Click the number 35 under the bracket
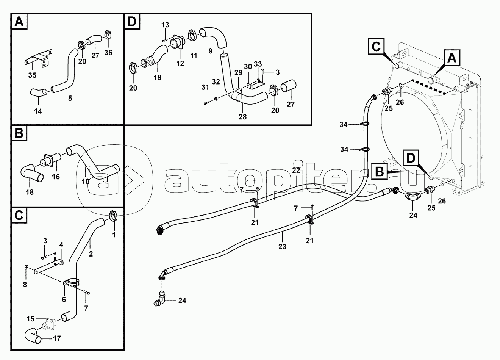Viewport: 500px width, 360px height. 32,75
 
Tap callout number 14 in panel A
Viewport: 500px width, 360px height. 38,111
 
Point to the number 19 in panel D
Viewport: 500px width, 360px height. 157,77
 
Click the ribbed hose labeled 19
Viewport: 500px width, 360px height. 154,56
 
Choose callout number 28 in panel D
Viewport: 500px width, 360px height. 243,117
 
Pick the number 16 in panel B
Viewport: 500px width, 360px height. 56,177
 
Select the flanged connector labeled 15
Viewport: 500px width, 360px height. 50,325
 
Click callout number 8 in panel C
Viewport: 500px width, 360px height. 25,285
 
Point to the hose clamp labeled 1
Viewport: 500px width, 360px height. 113,216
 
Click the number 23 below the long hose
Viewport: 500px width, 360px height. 282,247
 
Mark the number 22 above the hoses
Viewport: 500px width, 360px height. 296,170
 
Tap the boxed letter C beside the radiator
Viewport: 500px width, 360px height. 377,47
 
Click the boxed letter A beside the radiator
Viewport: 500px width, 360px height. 452,58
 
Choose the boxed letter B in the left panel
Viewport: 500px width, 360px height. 19,133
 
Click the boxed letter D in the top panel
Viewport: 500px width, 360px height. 132,22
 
